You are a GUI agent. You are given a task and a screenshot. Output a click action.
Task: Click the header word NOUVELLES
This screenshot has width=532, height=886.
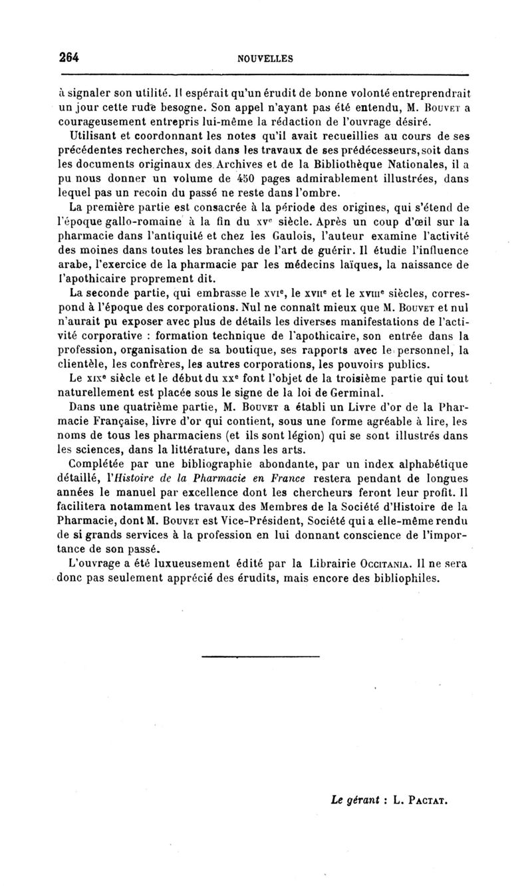coord(265,59)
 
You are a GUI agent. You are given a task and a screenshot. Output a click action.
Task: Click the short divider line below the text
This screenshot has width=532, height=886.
coord(259,656)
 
